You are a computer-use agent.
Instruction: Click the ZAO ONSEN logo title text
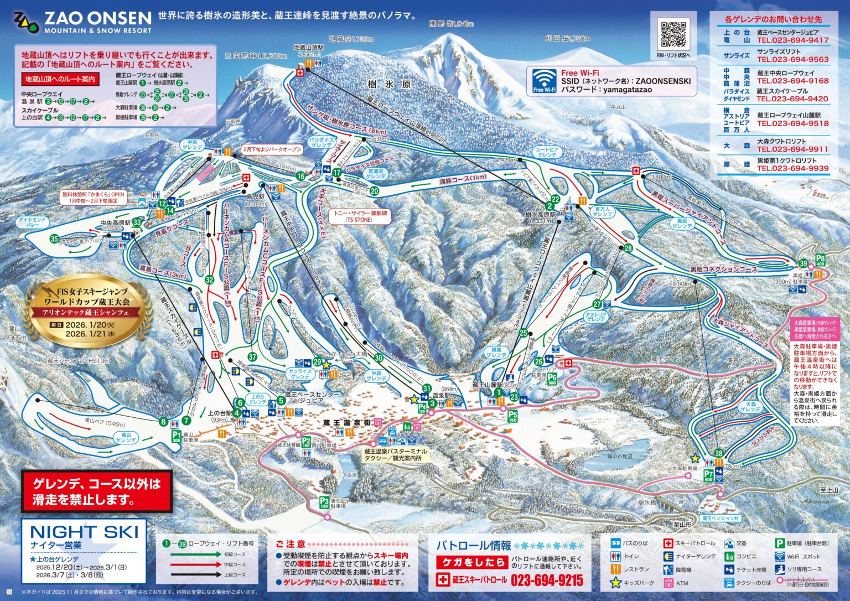[x=97, y=18]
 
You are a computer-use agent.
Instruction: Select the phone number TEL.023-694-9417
[x=792, y=40]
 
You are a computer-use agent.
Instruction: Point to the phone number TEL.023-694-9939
[x=792, y=169]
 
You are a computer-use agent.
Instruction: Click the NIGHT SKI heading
[x=84, y=532]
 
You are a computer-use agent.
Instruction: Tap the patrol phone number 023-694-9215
[x=547, y=580]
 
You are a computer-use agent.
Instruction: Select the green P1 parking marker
[x=177, y=436]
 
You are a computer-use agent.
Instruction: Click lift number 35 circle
[x=54, y=239]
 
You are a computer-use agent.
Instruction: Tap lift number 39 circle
[x=804, y=263]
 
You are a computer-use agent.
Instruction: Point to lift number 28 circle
[x=628, y=248]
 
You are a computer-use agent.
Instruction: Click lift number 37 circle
[x=252, y=357]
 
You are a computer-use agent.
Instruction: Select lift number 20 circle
[x=375, y=191]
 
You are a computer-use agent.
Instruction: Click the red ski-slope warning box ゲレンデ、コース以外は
[x=96, y=491]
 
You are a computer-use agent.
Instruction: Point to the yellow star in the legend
[x=615, y=583]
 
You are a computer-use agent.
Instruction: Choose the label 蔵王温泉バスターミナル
[x=395, y=452]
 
